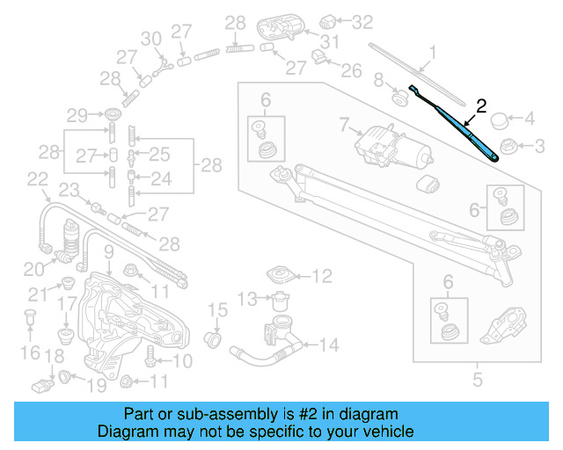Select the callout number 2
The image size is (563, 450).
coord(480,106)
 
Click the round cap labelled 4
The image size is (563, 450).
coord(500,119)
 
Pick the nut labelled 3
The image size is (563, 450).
coord(508,145)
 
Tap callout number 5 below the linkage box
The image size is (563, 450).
coord(478,381)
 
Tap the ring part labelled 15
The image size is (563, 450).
coord(212,338)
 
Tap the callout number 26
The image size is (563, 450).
coord(350,69)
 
